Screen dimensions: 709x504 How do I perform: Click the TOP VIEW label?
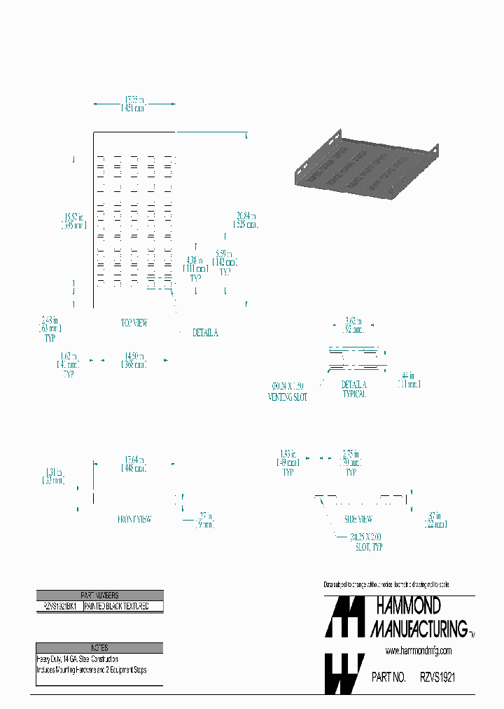134,323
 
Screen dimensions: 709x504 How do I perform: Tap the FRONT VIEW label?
134,519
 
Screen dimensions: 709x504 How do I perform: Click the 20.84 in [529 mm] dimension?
246,220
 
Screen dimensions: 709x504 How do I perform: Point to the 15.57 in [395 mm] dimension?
72,221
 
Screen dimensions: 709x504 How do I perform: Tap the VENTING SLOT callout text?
288,391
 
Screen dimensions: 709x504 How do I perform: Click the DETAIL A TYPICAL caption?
353,390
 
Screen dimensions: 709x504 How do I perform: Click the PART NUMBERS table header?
99,595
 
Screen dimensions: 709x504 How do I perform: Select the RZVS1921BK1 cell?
59,606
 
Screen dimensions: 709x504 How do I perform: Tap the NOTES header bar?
99,648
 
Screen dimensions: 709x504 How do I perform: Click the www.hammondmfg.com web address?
418,651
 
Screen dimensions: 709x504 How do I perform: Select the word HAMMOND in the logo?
409,605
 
